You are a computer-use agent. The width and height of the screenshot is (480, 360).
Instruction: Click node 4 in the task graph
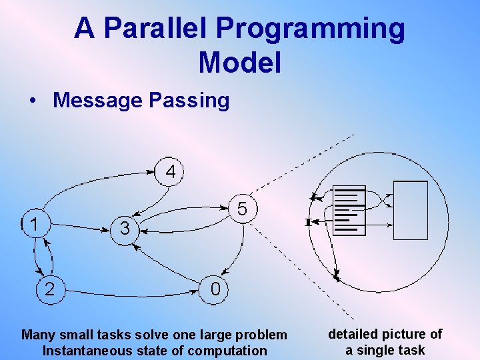171,171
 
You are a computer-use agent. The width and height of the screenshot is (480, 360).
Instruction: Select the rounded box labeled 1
34,224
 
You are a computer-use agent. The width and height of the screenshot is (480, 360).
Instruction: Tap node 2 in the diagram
49,288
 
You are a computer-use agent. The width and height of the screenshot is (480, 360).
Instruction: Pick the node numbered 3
125,229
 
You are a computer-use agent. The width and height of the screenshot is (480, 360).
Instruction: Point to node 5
243,209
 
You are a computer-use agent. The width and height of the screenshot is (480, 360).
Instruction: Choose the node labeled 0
215,289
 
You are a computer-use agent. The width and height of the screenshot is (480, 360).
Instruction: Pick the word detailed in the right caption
354,334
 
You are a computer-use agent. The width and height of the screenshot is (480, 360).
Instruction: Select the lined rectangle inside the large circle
349,211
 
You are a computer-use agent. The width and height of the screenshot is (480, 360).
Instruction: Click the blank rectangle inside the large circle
410,210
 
